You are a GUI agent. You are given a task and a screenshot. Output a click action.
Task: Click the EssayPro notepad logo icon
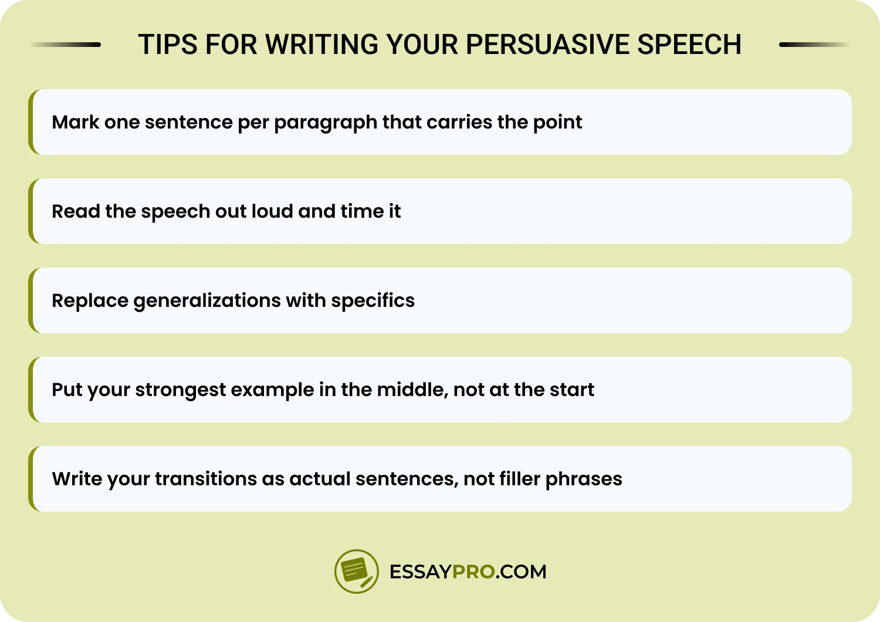[356, 571]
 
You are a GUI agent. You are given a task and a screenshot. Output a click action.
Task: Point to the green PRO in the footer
[474, 572]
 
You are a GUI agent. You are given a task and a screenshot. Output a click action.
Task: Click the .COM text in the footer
[521, 572]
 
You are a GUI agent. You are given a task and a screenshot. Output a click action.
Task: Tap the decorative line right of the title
[814, 45]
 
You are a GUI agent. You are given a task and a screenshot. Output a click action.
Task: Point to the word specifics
[373, 301]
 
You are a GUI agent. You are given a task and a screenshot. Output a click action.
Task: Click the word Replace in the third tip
[90, 301]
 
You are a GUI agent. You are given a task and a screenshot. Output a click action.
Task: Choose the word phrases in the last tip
[584, 479]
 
